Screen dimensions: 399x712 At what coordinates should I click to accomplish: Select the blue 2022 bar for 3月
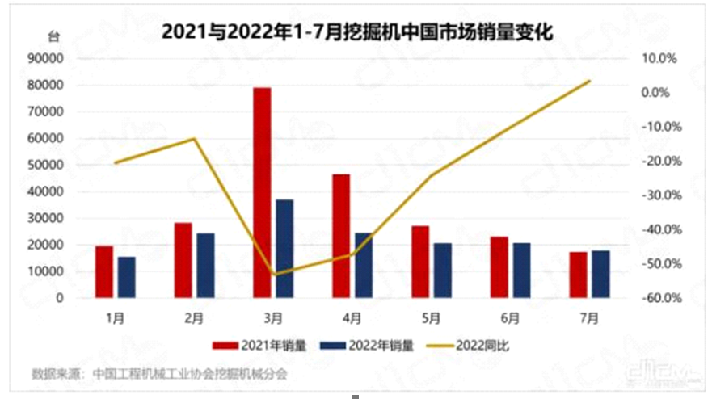(x=284, y=248)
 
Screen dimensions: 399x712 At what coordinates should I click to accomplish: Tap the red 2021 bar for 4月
(x=340, y=236)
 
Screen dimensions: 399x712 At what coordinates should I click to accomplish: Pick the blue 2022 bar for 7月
(x=600, y=274)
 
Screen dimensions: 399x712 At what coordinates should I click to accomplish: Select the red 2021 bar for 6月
(x=498, y=267)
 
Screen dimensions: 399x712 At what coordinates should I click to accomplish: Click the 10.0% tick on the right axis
(x=657, y=59)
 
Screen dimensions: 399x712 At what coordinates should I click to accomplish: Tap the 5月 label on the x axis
(x=431, y=317)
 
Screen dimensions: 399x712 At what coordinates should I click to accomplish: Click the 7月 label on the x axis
(x=589, y=317)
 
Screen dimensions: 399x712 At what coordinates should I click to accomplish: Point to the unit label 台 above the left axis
(x=53, y=36)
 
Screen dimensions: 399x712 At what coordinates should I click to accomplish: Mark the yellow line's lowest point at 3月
(x=273, y=274)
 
